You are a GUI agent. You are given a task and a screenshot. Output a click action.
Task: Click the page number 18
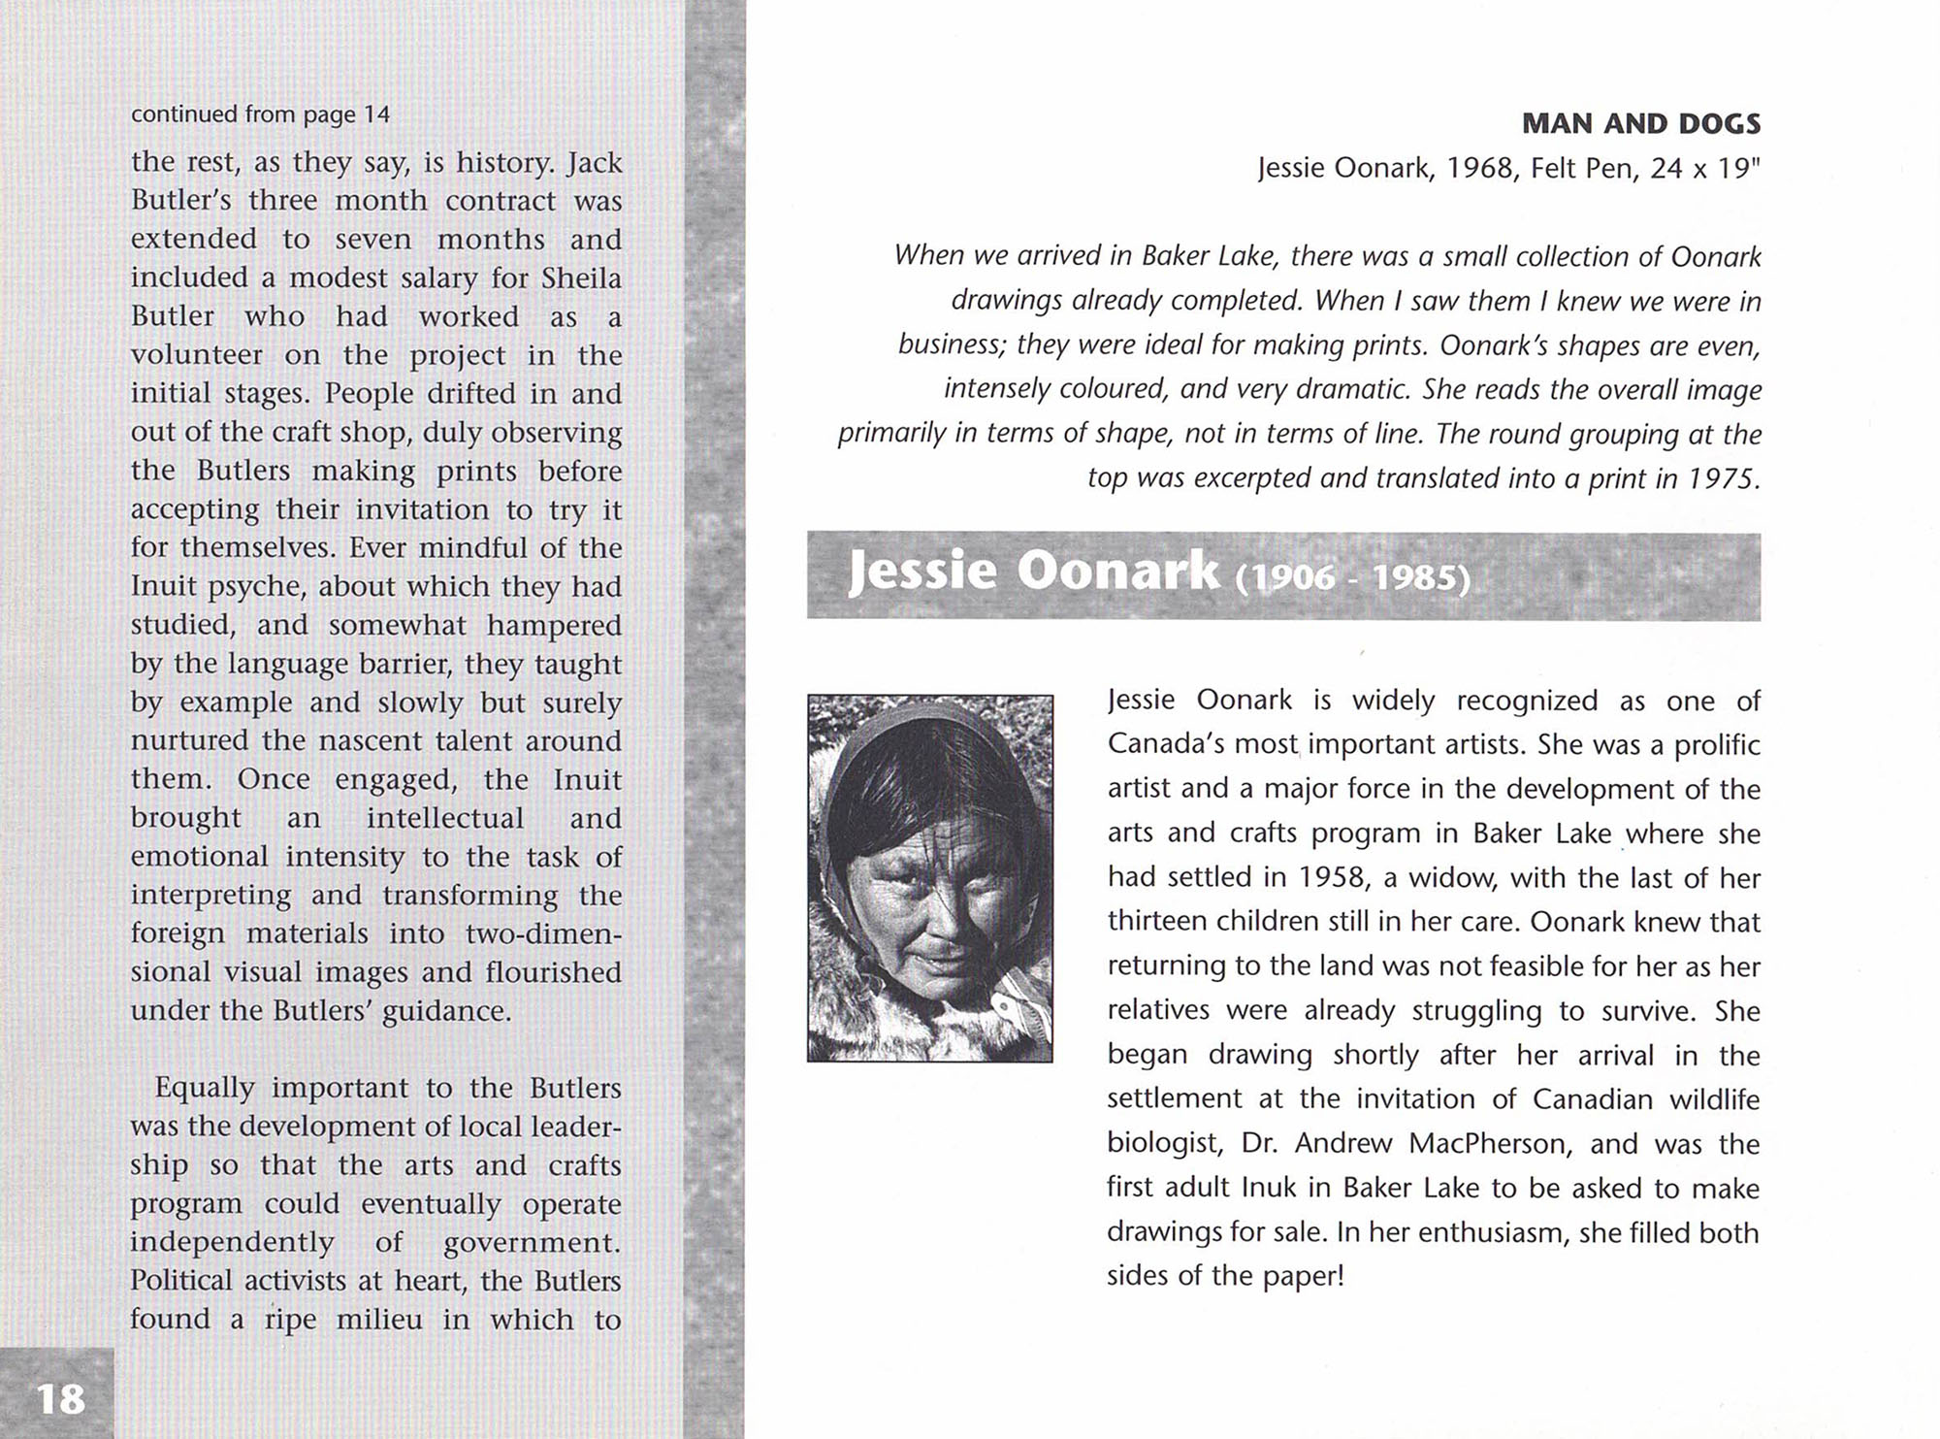click(x=60, y=1398)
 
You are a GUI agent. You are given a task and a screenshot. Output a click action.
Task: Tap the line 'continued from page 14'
click(x=260, y=114)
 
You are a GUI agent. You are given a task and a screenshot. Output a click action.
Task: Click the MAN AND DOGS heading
click(x=1640, y=123)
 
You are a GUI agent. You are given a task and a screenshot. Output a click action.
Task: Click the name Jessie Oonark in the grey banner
click(x=1033, y=571)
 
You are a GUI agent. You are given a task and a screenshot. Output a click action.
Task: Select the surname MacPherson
click(x=1488, y=1143)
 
